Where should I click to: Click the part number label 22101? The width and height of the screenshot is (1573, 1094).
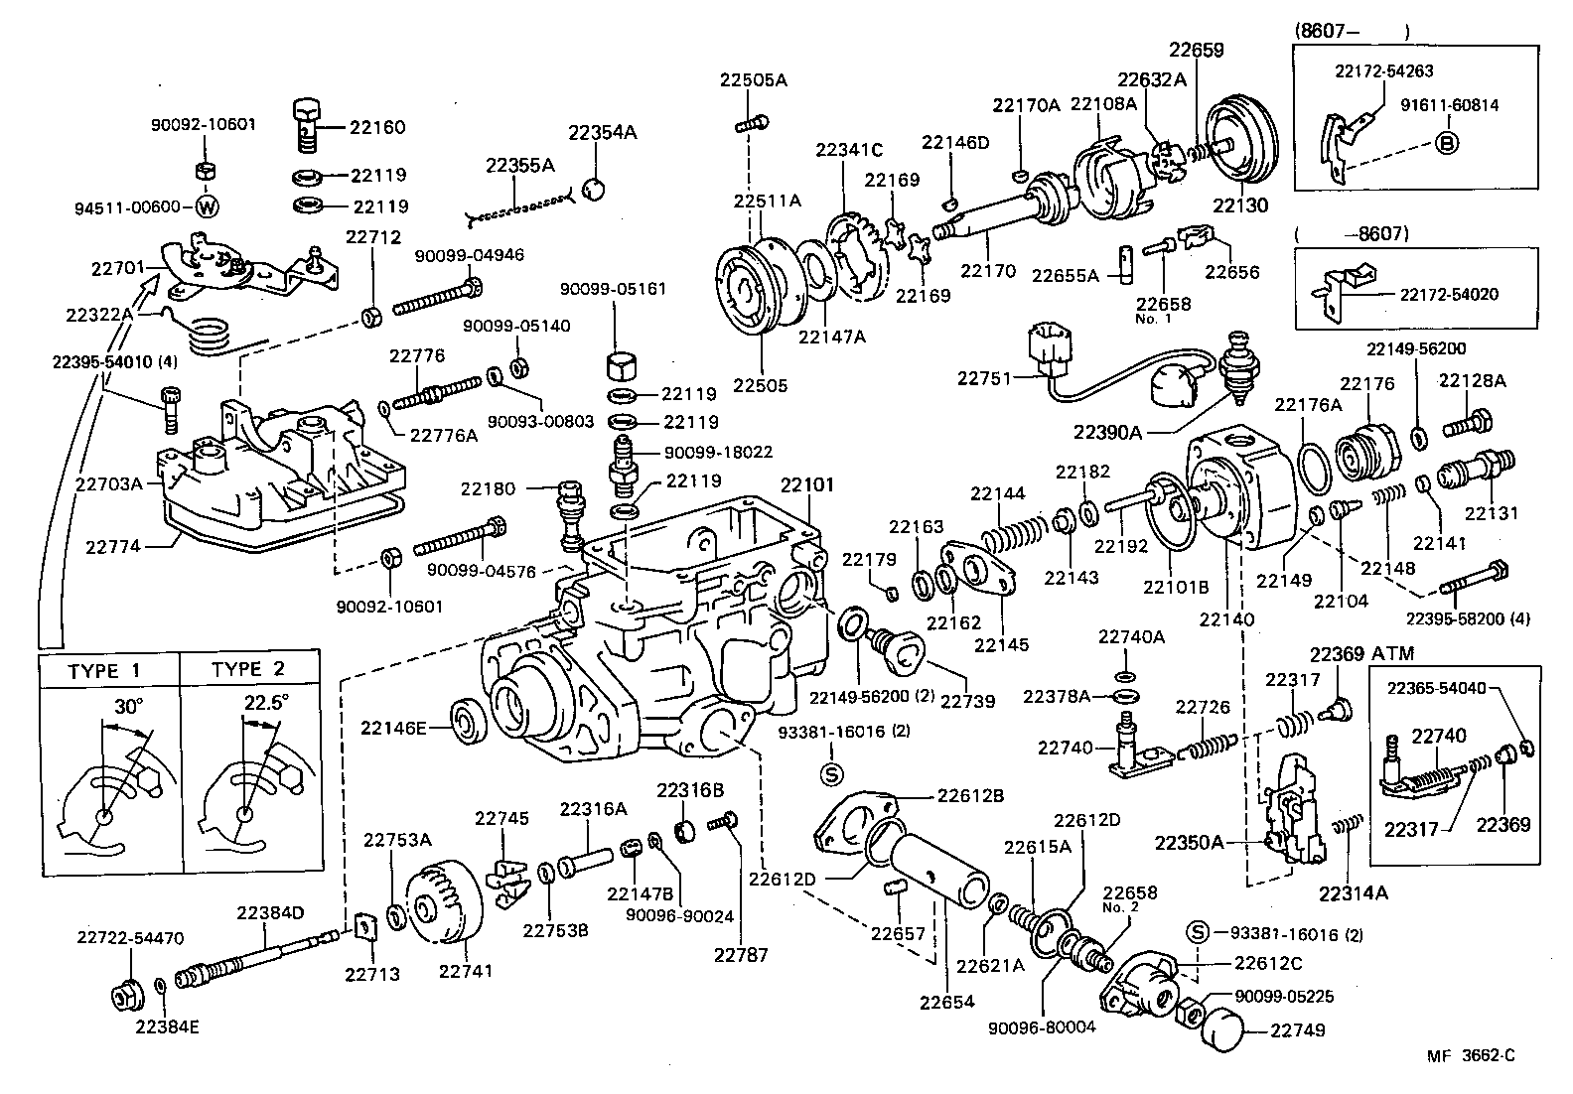coord(806,485)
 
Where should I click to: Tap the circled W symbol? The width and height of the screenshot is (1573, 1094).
coord(207,207)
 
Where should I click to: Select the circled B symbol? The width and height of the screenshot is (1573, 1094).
coord(1448,143)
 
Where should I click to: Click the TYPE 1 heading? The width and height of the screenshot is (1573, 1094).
coord(104,670)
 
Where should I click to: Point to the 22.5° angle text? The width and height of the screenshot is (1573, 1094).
coord(266,702)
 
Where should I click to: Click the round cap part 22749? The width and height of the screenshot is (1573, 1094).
coord(1223,1028)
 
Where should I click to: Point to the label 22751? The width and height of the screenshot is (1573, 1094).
coord(983,378)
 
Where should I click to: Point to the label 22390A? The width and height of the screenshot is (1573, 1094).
coord(1108,431)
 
